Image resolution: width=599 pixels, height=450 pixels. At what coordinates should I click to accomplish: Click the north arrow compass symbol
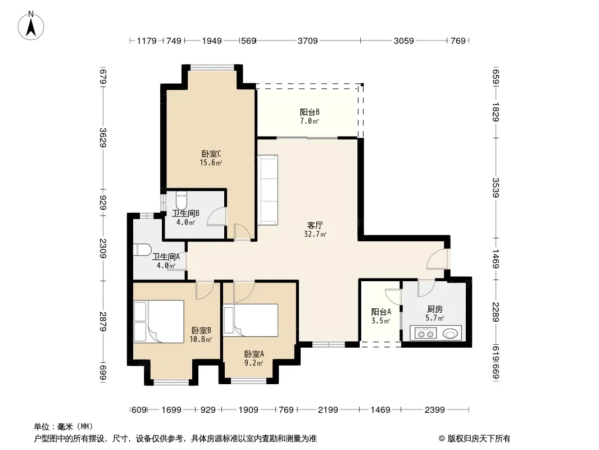[x=31, y=26]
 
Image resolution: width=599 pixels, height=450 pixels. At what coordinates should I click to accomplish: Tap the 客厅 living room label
[x=315, y=225]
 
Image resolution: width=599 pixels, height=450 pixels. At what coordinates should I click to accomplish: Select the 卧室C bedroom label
[x=211, y=154]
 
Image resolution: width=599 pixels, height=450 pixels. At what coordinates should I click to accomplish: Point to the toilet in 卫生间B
[x=181, y=200]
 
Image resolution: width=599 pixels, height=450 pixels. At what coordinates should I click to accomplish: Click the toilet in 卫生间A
[x=142, y=250]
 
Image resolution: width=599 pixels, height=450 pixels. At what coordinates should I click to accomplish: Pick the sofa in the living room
[x=267, y=190]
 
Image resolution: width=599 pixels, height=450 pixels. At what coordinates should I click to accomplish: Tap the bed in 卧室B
[x=159, y=321]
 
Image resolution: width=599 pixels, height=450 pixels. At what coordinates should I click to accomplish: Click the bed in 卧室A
[x=251, y=321]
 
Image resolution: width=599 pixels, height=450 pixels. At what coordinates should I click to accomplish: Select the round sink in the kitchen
[x=450, y=334]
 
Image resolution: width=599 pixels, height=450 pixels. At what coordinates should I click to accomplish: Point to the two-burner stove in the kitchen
[x=426, y=334]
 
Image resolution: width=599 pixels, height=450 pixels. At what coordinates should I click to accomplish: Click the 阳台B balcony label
[x=310, y=112]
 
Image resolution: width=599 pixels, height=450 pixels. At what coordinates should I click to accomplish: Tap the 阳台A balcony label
[x=381, y=312]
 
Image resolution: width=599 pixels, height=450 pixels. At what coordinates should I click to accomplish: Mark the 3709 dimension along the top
[x=307, y=40]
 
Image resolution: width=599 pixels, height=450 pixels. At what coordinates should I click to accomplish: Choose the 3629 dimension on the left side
[x=103, y=138]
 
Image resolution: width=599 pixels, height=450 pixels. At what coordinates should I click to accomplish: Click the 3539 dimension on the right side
[x=496, y=187]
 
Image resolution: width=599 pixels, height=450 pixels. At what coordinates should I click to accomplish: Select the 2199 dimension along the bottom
[x=328, y=410]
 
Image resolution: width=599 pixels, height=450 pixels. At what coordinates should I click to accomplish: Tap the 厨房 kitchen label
[x=435, y=309]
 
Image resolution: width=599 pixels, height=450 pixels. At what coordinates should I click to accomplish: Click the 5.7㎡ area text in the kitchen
[x=435, y=318]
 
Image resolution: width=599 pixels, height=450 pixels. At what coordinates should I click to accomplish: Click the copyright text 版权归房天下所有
[x=479, y=439]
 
